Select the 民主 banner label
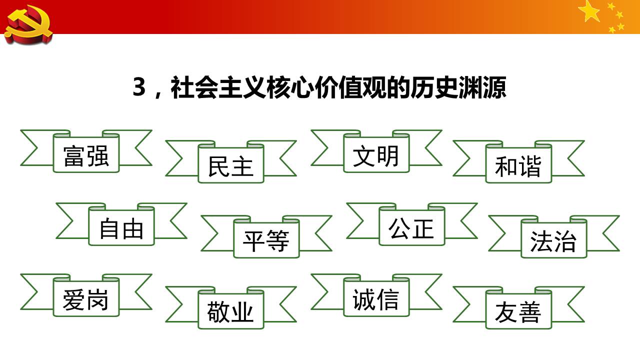pyautogui.click(x=230, y=165)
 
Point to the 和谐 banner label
pyautogui.click(x=518, y=165)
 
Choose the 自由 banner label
pyautogui.click(x=121, y=228)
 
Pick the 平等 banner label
pyautogui.click(x=266, y=240)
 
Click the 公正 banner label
pyautogui.click(x=411, y=228)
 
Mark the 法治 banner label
pyautogui.click(x=553, y=240)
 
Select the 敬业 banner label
pyautogui.click(x=230, y=311)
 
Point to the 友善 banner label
pyautogui.click(x=518, y=311)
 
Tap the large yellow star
pyautogui.click(x=590, y=11)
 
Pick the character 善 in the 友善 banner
pyautogui.click(x=530, y=311)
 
